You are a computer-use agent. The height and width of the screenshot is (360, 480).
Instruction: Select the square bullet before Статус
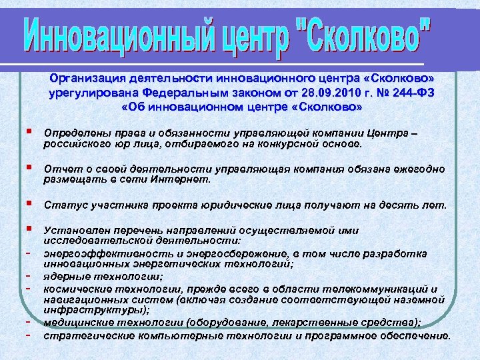point(29,203)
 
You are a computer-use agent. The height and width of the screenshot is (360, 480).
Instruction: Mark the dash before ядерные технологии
point(31,275)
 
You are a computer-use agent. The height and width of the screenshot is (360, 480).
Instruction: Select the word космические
point(74,289)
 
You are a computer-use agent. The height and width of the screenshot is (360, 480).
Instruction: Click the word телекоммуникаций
point(381,289)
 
